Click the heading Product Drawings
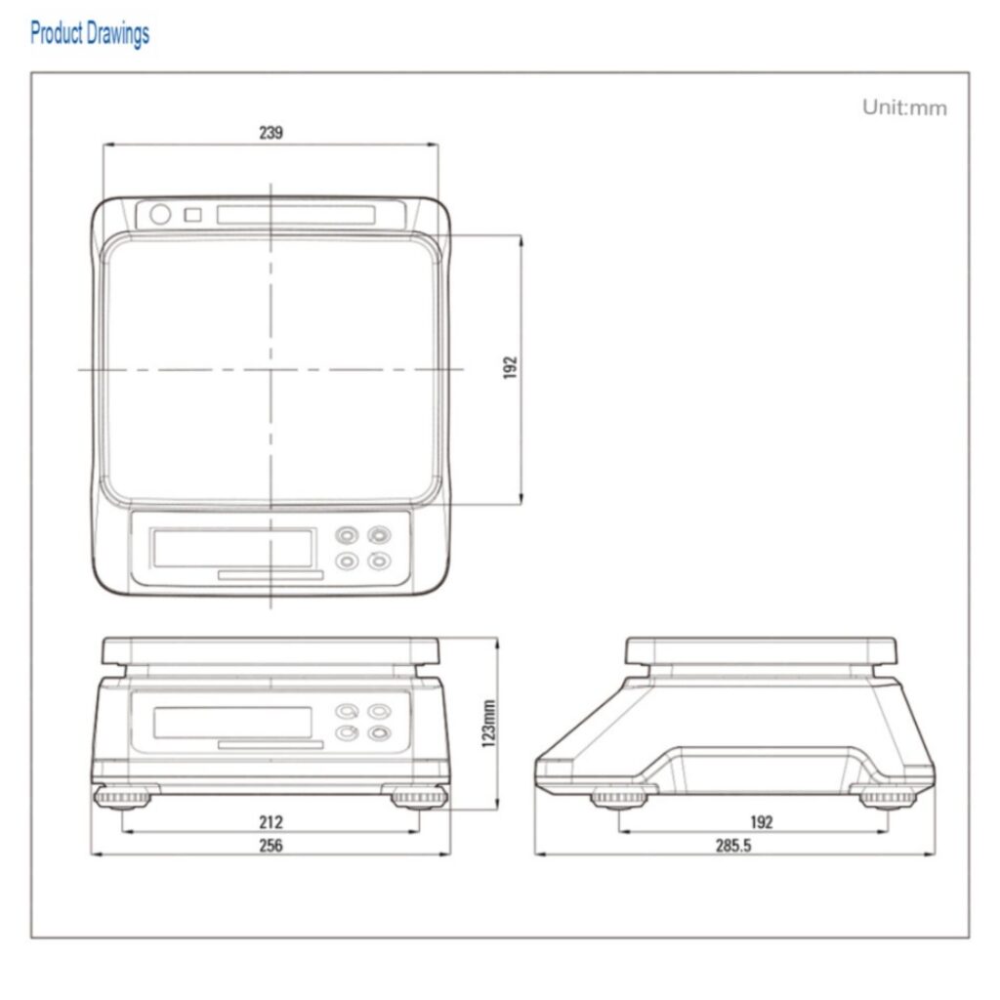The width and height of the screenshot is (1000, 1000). (90, 34)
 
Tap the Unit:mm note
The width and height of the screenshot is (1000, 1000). (904, 107)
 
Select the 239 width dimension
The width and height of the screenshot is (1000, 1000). (271, 132)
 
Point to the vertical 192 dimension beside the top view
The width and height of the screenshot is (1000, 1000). (510, 368)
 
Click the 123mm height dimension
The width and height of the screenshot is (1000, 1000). (488, 724)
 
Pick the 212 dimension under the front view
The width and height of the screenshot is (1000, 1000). (271, 822)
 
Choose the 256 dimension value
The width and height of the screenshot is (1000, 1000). (271, 846)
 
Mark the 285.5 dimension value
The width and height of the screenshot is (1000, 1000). (733, 846)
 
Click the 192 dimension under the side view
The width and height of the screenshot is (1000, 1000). (762, 822)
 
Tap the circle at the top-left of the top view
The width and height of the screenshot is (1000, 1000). (160, 214)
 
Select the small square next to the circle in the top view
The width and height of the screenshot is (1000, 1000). (192, 215)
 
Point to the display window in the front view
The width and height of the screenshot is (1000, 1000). (232, 723)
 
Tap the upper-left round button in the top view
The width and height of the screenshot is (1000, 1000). (347, 535)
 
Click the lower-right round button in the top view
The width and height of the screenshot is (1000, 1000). (380, 562)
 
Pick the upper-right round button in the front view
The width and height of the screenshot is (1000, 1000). (380, 711)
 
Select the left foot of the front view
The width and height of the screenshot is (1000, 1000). (122, 797)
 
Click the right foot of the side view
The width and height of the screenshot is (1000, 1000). (887, 798)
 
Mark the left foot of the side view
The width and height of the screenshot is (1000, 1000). (618, 798)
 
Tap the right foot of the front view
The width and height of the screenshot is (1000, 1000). (419, 797)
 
